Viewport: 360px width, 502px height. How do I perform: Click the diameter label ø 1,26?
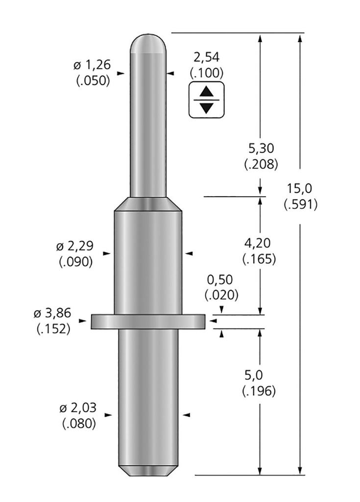pyautogui.click(x=92, y=65)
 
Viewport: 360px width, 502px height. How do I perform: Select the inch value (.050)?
pyautogui.click(x=93, y=80)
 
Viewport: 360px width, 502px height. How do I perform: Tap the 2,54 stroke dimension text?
pyautogui.click(x=207, y=57)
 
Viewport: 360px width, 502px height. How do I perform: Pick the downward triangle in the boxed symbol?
pyautogui.click(x=207, y=107)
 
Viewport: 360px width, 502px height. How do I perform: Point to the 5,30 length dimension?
pyautogui.click(x=261, y=149)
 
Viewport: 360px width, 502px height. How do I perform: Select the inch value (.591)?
pyautogui.click(x=301, y=204)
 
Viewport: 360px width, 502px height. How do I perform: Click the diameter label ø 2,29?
pyautogui.click(x=75, y=246)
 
